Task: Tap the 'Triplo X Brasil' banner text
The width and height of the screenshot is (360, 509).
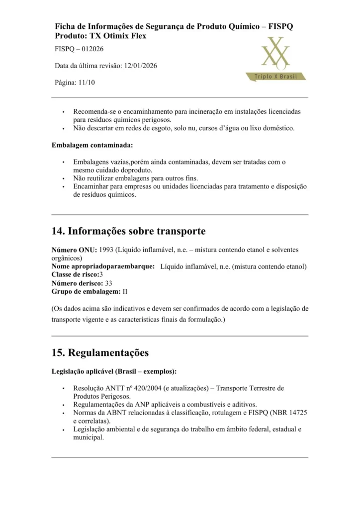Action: pos(276,76)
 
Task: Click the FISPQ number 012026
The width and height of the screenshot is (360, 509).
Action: pos(90,49)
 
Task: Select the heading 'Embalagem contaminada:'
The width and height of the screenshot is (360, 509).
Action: pos(92,146)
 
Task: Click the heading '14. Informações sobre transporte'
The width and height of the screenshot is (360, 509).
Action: pos(128,231)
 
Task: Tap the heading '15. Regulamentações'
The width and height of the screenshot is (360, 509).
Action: pos(100,353)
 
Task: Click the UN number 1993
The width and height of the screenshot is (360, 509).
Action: pos(107,250)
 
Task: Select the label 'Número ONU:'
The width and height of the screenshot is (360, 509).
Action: pos(74,250)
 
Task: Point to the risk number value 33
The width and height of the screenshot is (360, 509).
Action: pos(108,283)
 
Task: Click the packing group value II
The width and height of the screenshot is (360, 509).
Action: pos(125,291)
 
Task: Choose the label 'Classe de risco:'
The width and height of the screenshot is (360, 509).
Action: pos(75,274)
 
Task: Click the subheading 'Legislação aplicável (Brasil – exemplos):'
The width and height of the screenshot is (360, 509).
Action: pos(114,371)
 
